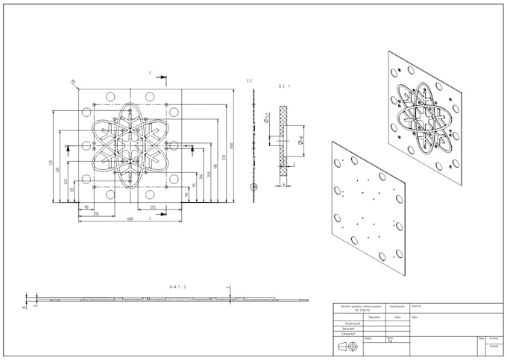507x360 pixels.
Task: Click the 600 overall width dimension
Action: [x=130, y=219]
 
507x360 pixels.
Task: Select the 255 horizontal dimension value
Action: [x=153, y=207]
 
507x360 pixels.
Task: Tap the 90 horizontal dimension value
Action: [x=86, y=207]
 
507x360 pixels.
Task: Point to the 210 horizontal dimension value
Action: [x=95, y=214]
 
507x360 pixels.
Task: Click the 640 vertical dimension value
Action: [x=232, y=145]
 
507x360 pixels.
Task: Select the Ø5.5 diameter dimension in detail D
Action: [x=266, y=118]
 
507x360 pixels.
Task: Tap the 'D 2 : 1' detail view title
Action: [x=285, y=87]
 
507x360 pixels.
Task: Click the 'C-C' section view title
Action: [x=250, y=80]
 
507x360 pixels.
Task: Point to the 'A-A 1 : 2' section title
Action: [x=177, y=286]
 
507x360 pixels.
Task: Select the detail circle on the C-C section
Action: [x=253, y=187]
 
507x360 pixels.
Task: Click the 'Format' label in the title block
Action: [x=494, y=346]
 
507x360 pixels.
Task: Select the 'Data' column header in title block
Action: [x=397, y=316]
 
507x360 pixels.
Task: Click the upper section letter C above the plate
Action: [x=150, y=74]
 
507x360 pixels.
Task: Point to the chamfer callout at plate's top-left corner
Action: [x=73, y=81]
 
